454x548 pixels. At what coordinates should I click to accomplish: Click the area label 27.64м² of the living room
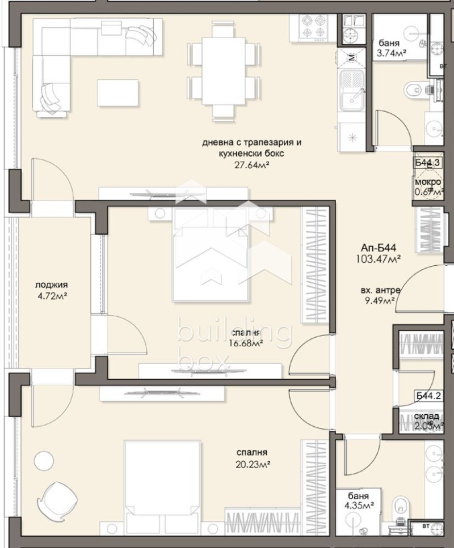(251, 165)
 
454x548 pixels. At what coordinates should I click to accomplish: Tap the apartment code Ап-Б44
(378, 248)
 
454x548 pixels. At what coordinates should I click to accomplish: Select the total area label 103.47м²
(381, 258)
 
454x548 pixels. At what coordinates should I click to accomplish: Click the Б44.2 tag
(428, 397)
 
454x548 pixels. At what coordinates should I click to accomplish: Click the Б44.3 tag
(427, 163)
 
